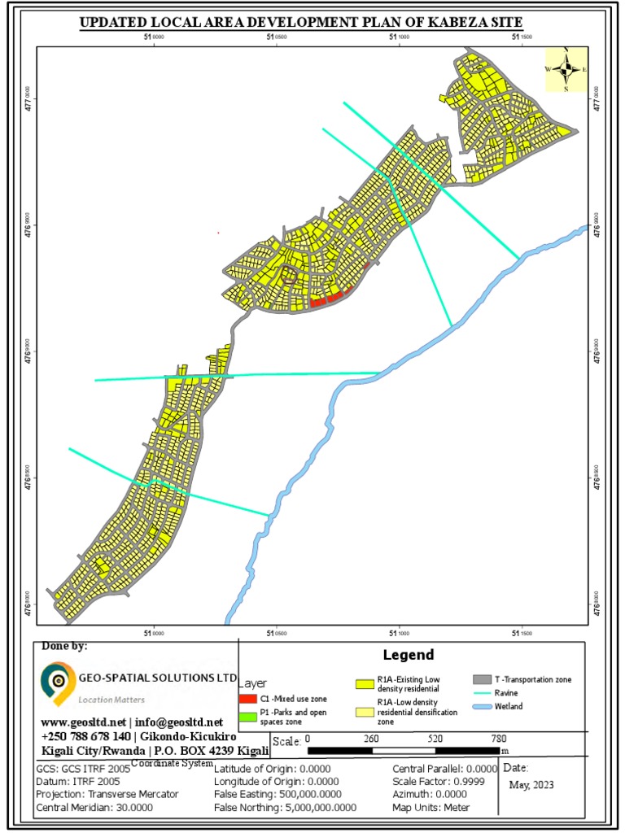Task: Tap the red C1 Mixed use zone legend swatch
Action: tap(248, 698)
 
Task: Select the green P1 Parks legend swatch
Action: tap(248, 717)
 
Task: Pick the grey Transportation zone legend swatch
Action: tap(483, 679)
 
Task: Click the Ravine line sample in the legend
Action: tap(483, 692)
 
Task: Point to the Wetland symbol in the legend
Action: tap(483, 706)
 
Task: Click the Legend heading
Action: tap(409, 655)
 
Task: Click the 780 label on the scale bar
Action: tap(500, 739)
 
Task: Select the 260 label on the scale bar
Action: tap(371, 739)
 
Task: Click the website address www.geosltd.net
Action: tap(83, 722)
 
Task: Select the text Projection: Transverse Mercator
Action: tap(107, 794)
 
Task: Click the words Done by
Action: tap(63, 647)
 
